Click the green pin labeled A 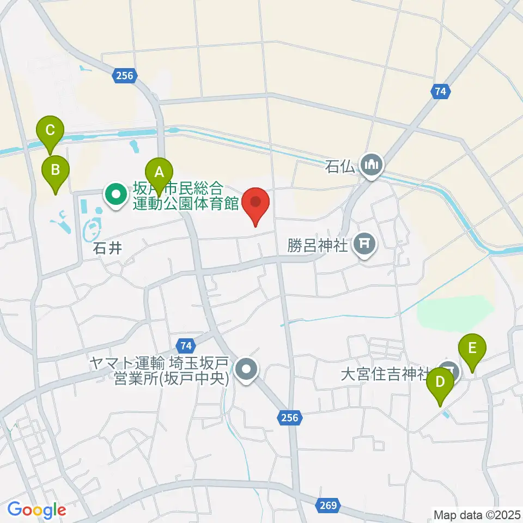[159, 173]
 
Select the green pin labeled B [56, 169]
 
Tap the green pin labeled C [50, 131]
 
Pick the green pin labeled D [440, 382]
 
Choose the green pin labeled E [472, 348]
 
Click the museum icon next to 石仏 [373, 164]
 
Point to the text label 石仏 [340, 165]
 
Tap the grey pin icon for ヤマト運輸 [247, 370]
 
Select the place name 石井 [107, 248]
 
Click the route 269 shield [329, 504]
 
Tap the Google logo [37, 510]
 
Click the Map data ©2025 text [477, 514]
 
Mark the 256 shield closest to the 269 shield [290, 417]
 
